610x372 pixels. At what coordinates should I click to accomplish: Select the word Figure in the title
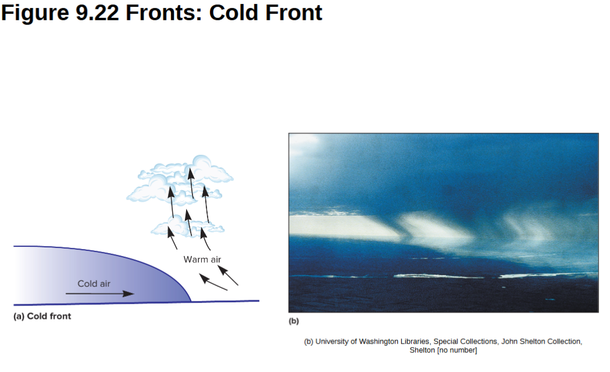(x=34, y=12)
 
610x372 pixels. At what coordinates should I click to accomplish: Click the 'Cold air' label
(x=94, y=284)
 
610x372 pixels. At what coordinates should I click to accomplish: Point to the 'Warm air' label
(x=202, y=259)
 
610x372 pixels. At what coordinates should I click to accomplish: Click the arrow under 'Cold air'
(x=99, y=294)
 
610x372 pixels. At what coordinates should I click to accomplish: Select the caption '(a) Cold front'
(x=42, y=316)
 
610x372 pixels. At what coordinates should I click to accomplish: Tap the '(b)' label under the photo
(x=293, y=320)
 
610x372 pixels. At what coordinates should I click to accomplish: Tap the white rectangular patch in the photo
(x=342, y=228)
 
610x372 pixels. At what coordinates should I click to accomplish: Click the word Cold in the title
(x=234, y=12)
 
